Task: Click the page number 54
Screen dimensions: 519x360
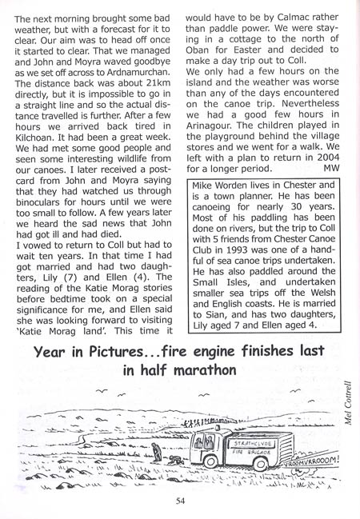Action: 181,501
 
